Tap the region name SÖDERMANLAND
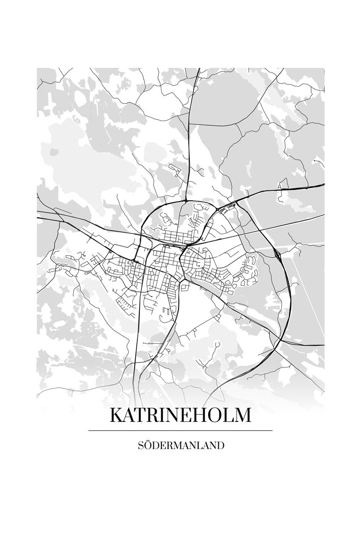[181, 446]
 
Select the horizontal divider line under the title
[180, 430]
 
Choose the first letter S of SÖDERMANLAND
[140, 446]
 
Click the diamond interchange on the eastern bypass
[278, 254]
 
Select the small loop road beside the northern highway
[175, 169]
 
